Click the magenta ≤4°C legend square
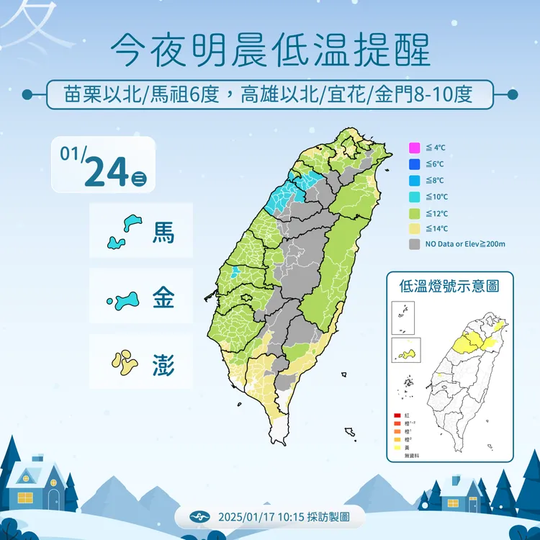click(x=413, y=148)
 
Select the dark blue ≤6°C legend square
click(x=413, y=164)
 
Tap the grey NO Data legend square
click(x=413, y=244)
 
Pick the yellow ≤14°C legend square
click(x=413, y=228)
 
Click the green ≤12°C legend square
click(x=413, y=212)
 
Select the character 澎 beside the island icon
click(x=163, y=362)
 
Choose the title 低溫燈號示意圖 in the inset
click(x=449, y=286)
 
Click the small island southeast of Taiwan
click(x=350, y=433)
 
